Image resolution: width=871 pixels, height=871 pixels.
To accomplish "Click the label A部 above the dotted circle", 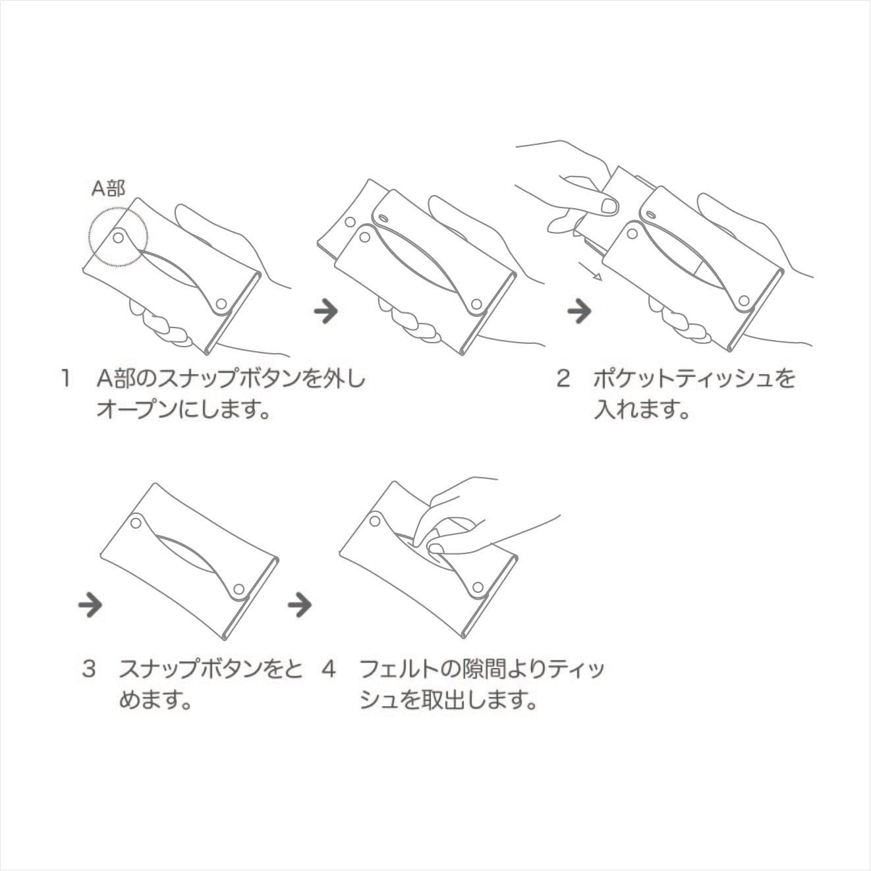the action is (x=108, y=188).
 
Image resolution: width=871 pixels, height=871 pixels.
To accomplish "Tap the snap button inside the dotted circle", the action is (x=119, y=237).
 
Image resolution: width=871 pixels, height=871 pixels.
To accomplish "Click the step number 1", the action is (x=66, y=379).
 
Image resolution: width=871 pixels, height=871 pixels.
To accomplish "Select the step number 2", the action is (x=563, y=379).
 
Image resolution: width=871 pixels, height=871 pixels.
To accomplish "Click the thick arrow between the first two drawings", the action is (x=326, y=311).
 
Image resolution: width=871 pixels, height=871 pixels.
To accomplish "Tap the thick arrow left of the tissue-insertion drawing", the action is (x=580, y=311).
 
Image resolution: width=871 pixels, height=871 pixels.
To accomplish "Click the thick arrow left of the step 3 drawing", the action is (x=90, y=605).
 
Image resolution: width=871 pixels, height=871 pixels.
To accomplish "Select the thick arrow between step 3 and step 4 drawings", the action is (x=300, y=605).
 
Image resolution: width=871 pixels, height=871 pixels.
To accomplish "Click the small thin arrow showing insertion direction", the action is (x=590, y=271).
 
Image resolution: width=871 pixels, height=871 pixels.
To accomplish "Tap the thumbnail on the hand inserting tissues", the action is (x=609, y=206).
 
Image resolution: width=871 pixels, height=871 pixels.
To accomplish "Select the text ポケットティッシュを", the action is (x=694, y=379).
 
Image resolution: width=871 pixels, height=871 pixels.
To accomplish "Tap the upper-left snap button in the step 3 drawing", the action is (x=136, y=523).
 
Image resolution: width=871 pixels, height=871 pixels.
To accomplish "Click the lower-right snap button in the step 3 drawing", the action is (x=239, y=590).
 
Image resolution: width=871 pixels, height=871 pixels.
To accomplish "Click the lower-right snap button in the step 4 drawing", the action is (x=478, y=586).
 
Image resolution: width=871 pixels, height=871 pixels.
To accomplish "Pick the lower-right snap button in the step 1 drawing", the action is (x=221, y=303).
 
